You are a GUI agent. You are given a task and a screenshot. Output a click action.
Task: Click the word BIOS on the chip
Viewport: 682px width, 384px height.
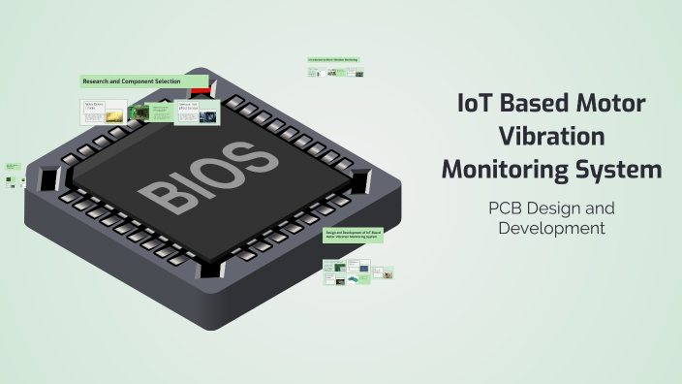tap(204, 176)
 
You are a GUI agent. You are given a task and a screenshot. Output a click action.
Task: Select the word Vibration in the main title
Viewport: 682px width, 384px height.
tap(551, 137)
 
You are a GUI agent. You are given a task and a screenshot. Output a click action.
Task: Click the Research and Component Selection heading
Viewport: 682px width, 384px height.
tap(143, 81)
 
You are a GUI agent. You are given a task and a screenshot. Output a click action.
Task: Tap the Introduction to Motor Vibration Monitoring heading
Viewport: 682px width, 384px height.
tap(334, 59)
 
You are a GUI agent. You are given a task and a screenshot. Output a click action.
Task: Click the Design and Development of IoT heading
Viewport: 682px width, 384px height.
tap(354, 234)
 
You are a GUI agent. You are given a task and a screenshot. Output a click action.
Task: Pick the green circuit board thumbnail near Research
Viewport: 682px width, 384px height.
tap(139, 114)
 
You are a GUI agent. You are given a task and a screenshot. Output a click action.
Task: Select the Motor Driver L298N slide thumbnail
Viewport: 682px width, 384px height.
tap(103, 112)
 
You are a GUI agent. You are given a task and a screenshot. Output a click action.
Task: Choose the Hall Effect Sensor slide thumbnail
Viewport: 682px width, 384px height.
tap(197, 112)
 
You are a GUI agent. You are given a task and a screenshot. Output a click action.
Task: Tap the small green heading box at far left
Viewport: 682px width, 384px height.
tap(12, 167)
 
